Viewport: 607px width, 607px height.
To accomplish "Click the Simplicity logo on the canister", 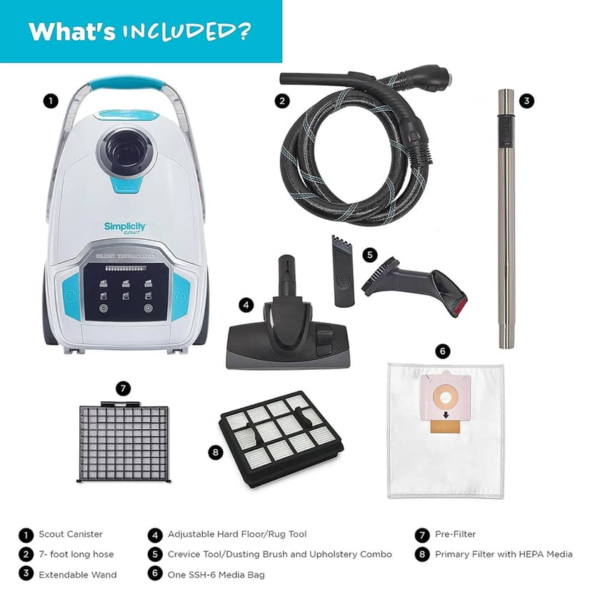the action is [x=125, y=227].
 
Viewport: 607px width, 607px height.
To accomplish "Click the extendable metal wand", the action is [x=506, y=219].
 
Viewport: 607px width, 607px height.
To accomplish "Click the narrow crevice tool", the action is [x=342, y=271].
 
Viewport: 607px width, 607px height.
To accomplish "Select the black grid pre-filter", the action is [x=124, y=442].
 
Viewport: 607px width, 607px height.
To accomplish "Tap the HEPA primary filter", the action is [x=282, y=438].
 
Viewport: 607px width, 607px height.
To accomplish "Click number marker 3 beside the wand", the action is [x=526, y=101].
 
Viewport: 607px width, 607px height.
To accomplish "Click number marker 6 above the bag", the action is [x=443, y=351].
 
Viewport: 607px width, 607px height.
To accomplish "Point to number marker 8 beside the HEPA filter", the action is [x=215, y=452].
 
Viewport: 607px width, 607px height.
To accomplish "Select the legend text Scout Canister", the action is [x=71, y=534].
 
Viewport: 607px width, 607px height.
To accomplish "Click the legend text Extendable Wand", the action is [x=77, y=574].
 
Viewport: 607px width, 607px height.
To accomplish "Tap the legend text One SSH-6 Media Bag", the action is [x=216, y=574].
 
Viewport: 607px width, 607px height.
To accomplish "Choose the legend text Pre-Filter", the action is [x=456, y=534].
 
